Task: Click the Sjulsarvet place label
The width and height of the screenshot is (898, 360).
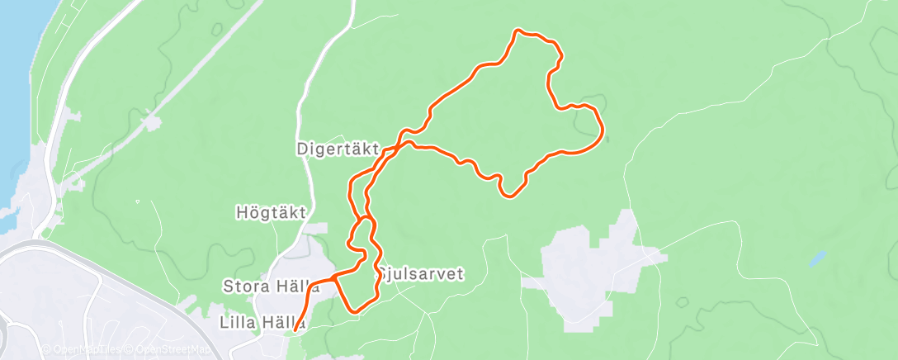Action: (423, 273)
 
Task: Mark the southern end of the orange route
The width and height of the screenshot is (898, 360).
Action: (295, 331)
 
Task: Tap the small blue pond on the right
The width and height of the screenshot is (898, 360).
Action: (816, 258)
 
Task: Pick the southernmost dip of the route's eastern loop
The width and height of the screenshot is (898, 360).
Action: (511, 196)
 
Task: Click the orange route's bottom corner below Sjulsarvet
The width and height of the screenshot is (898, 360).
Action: (356, 310)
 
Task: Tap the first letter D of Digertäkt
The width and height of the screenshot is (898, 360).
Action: (302, 149)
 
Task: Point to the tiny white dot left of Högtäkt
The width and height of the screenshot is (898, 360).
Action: (138, 201)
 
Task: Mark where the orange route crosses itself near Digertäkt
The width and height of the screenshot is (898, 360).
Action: (399, 146)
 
